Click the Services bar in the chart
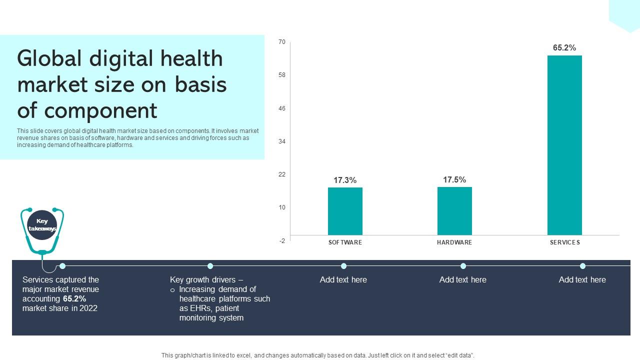[564, 145]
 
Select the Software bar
[345, 211]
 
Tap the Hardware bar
[454, 211]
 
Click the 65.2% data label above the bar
[564, 48]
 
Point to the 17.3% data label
[345, 180]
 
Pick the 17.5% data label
[454, 180]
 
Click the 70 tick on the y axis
[282, 42]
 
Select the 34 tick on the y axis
[282, 141]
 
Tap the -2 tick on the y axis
[282, 241]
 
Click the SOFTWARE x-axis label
[345, 242]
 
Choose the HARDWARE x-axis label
[454, 242]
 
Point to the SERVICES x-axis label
[565, 242]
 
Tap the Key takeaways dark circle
[42, 225]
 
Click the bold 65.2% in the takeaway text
[74, 299]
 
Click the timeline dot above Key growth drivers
[210, 266]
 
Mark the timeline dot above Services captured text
[62, 266]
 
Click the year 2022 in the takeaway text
[88, 308]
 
